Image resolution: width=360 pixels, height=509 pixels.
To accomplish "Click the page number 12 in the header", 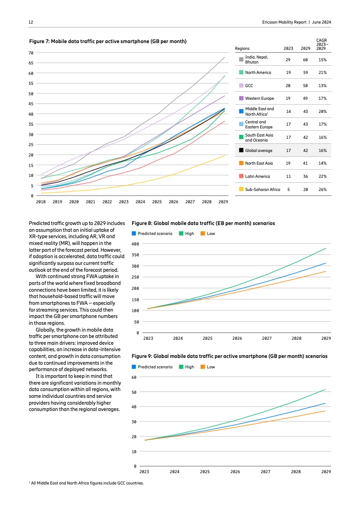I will click(x=30, y=22).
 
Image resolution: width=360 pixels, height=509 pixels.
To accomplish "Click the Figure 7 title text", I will click(x=108, y=41).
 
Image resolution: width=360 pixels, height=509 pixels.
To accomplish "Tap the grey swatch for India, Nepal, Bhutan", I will click(x=241, y=59).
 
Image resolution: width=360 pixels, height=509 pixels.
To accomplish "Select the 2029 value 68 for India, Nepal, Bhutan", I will click(x=305, y=60).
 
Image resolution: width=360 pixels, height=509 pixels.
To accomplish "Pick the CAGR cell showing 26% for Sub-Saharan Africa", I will click(x=322, y=189).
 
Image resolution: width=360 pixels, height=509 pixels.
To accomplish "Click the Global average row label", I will click(x=258, y=150).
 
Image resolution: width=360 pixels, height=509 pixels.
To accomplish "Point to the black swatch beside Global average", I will click(x=241, y=150).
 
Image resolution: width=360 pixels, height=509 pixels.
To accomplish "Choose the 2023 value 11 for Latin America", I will click(x=288, y=176).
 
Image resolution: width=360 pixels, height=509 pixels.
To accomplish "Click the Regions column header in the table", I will click(x=242, y=49).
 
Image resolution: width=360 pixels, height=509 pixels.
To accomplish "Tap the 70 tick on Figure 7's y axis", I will click(x=31, y=53).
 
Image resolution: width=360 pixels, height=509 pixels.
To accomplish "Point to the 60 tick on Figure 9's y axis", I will click(x=134, y=377).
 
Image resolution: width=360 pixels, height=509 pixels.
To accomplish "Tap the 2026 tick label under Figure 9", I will click(x=235, y=472).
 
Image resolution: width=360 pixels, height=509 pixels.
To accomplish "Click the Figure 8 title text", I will click(x=203, y=224).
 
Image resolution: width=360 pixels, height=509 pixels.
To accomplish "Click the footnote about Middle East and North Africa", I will click(x=86, y=483).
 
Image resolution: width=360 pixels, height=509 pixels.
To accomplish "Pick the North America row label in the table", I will click(x=258, y=73).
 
